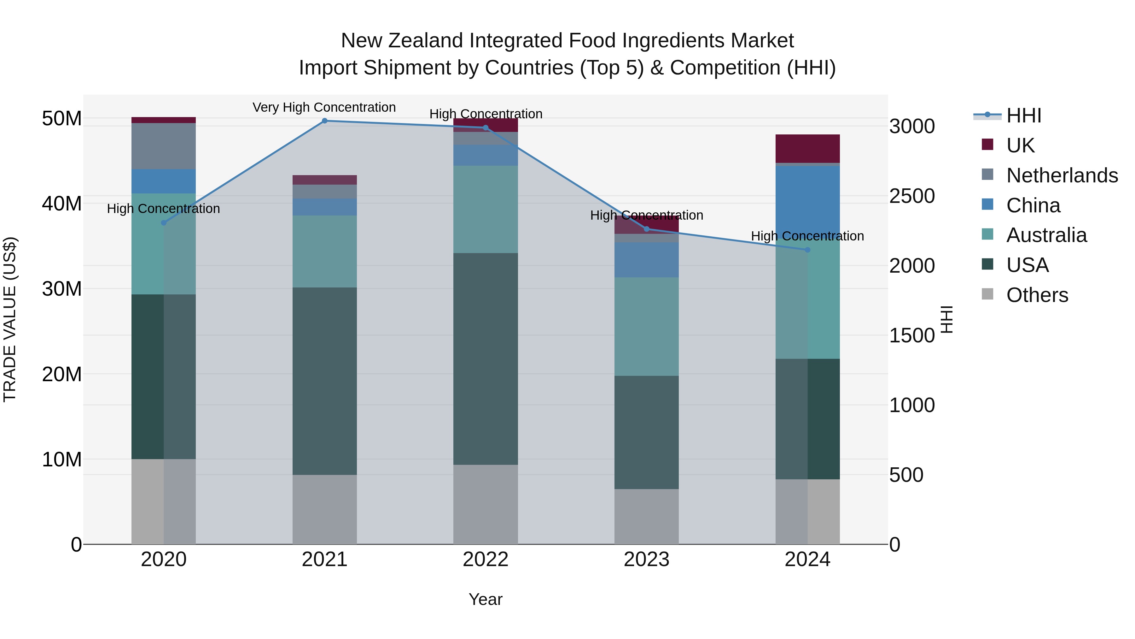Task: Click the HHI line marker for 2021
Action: (325, 121)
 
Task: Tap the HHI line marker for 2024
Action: (808, 250)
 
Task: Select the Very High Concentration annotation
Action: (324, 108)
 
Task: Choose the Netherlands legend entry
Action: (1062, 175)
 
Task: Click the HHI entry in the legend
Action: (1023, 115)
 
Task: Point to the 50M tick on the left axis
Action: (62, 119)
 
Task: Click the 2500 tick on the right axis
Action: (911, 196)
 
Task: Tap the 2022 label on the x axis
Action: (486, 559)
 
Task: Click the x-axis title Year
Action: (486, 599)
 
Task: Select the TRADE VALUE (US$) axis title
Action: (10, 319)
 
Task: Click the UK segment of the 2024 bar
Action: (808, 149)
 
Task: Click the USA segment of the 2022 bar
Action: (486, 358)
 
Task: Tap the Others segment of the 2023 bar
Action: (646, 516)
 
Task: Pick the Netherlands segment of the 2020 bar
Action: (163, 146)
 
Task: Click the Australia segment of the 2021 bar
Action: (325, 251)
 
